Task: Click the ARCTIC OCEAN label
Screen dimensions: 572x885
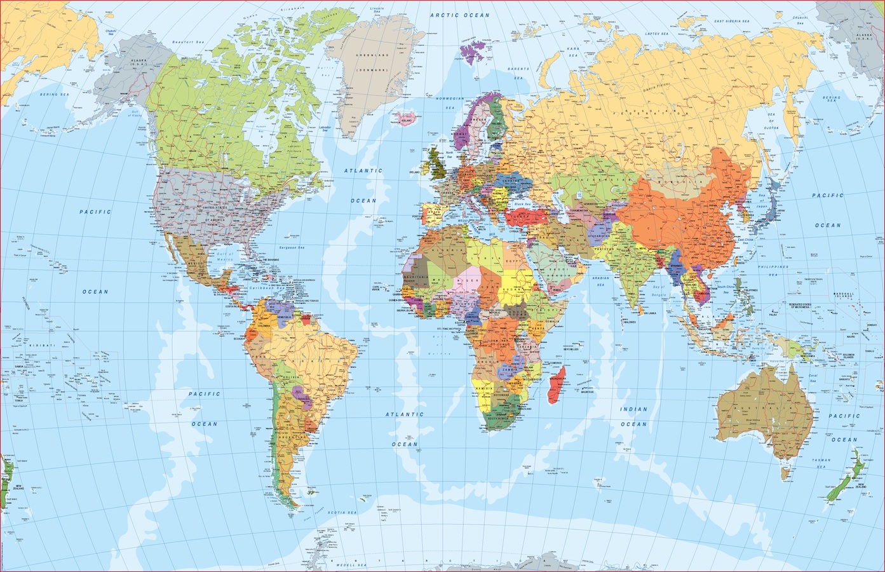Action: pyautogui.click(x=459, y=15)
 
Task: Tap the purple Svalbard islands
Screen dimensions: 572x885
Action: pyautogui.click(x=471, y=46)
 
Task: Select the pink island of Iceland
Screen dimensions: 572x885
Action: pyautogui.click(x=404, y=118)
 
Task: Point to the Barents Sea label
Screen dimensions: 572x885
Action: pyautogui.click(x=518, y=72)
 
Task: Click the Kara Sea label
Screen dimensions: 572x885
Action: pyautogui.click(x=574, y=51)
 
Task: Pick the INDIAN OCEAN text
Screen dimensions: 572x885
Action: pyautogui.click(x=634, y=416)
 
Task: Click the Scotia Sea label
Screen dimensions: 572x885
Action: pyautogui.click(x=342, y=512)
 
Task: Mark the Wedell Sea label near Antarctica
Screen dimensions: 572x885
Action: pyautogui.click(x=353, y=564)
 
